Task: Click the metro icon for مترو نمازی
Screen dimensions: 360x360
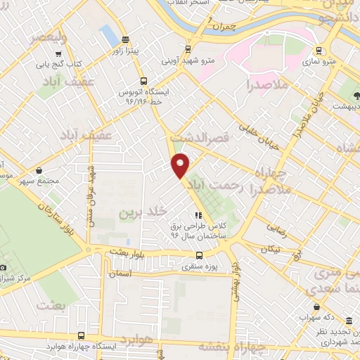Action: coord(319,50)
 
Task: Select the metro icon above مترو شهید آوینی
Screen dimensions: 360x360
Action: coord(187,49)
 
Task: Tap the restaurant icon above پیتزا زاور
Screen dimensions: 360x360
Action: coord(124,39)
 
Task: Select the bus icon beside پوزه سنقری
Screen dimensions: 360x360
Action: coord(198,256)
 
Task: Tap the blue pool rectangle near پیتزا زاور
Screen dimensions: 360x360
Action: coord(108,32)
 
